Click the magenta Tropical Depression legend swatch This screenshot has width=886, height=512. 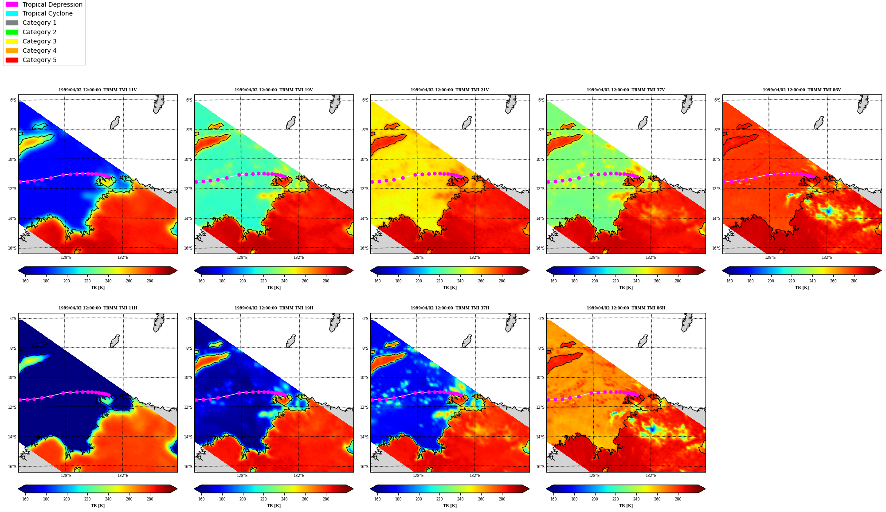pyautogui.click(x=12, y=4)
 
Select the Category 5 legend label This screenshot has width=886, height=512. pyautogui.click(x=39, y=60)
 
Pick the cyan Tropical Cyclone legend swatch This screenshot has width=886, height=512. pyautogui.click(x=12, y=13)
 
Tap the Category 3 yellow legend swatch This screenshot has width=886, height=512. pyautogui.click(x=12, y=41)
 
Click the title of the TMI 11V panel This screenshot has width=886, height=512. pyautogui.click(x=98, y=90)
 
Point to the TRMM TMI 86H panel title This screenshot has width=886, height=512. pyautogui.click(x=626, y=308)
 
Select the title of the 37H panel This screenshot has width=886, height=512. pyautogui.click(x=450, y=308)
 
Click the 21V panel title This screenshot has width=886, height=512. pyautogui.click(x=450, y=90)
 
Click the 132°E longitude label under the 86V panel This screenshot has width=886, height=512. pyautogui.click(x=827, y=258)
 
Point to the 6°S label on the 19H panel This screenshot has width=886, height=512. pyautogui.click(x=189, y=319)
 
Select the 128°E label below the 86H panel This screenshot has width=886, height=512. pyautogui.click(x=594, y=476)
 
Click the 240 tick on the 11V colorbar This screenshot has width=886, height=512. pyautogui.click(x=108, y=281)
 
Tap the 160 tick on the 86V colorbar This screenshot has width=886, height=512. pyautogui.click(x=729, y=281)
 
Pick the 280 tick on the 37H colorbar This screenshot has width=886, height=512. pyautogui.click(x=502, y=499)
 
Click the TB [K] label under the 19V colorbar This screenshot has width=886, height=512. pyautogui.click(x=274, y=288)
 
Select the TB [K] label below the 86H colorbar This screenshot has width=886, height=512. pyautogui.click(x=626, y=506)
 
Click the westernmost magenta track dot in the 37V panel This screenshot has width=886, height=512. pyautogui.click(x=549, y=182)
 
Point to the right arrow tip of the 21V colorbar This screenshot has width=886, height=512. pyautogui.click(x=529, y=270)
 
